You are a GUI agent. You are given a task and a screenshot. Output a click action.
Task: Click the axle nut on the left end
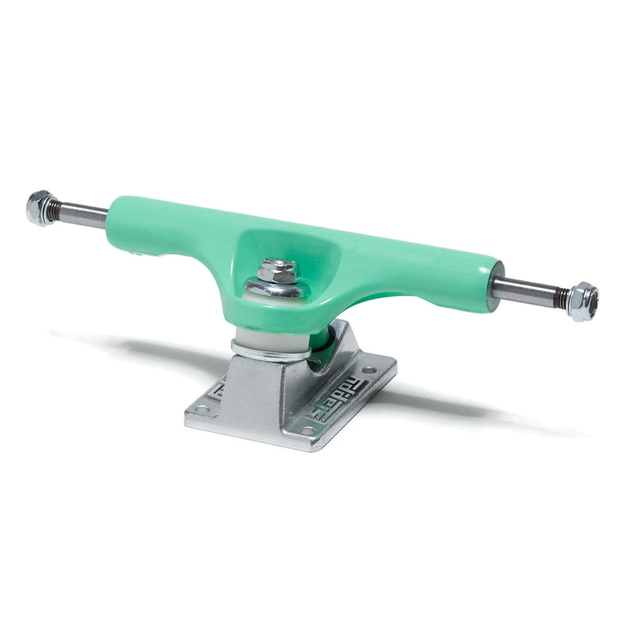(39, 208)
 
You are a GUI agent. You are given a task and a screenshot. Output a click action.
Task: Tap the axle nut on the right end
(583, 302)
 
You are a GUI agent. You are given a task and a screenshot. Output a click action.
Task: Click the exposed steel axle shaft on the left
(82, 215)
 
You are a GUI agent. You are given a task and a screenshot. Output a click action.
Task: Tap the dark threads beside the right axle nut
(560, 298)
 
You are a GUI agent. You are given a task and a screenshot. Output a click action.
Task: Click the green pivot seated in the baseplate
(322, 347)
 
